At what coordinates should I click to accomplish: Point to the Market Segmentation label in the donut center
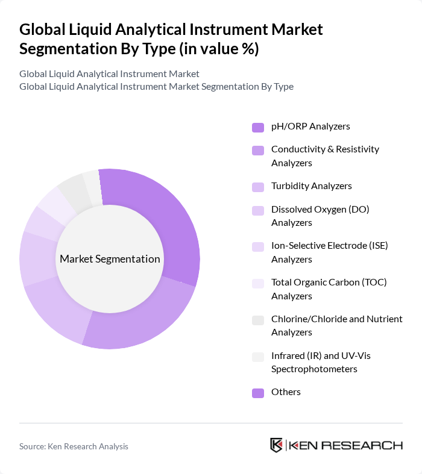click(x=110, y=259)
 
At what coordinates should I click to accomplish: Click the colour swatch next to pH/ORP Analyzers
click(x=258, y=127)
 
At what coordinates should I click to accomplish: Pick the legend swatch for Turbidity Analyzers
click(x=258, y=187)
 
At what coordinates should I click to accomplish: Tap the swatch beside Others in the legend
click(x=258, y=393)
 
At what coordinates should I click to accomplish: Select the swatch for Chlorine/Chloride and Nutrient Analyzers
click(x=258, y=320)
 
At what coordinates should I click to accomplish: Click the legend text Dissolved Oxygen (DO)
click(x=320, y=210)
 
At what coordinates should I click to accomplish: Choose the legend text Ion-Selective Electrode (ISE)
click(x=329, y=246)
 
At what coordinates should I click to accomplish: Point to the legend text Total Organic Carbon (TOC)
click(x=329, y=282)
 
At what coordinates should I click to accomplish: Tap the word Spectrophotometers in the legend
click(x=314, y=369)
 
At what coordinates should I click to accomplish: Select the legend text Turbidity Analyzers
click(x=311, y=186)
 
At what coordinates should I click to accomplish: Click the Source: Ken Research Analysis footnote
click(x=74, y=446)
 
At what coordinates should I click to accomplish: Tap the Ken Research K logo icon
click(x=277, y=446)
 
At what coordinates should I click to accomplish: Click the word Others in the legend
click(x=286, y=392)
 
